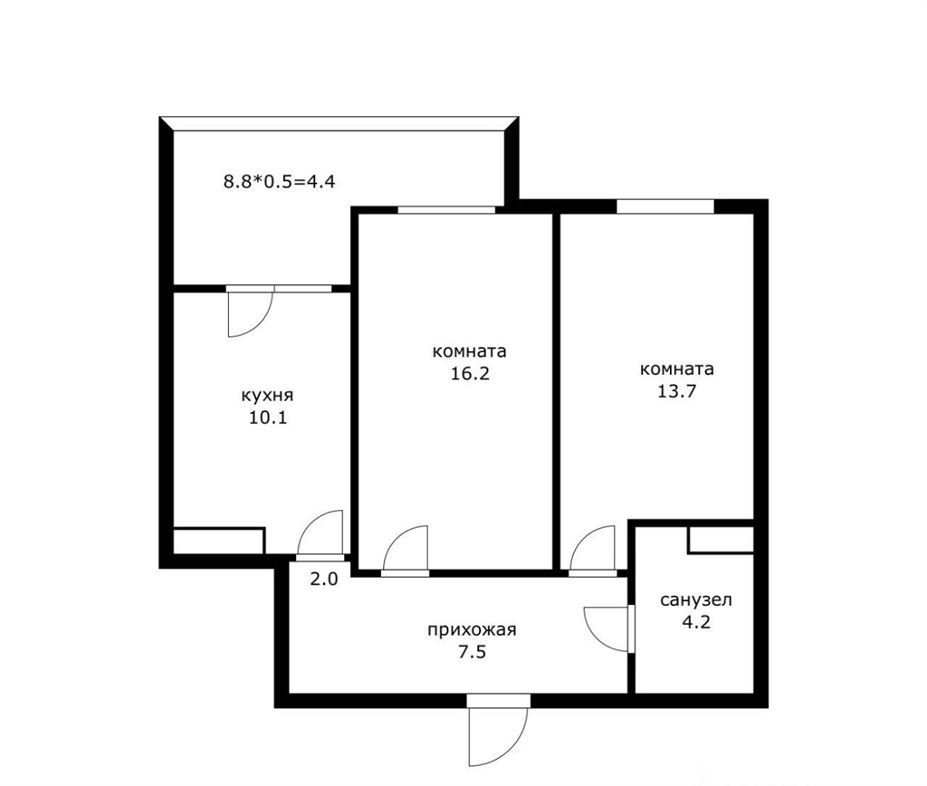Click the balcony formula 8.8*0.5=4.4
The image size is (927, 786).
click(x=279, y=181)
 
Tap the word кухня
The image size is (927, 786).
click(x=267, y=396)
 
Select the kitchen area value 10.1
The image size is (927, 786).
click(x=268, y=417)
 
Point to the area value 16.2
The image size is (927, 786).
click(x=471, y=374)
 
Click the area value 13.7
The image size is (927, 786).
click(x=677, y=391)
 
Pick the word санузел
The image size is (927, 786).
click(x=696, y=599)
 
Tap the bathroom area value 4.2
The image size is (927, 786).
click(x=696, y=622)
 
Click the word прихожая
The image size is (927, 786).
click(x=472, y=630)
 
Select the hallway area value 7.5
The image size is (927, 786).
click(x=472, y=652)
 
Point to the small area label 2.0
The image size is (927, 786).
click(x=324, y=579)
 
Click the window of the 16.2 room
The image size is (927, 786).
click(x=446, y=209)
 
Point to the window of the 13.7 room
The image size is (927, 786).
click(x=665, y=206)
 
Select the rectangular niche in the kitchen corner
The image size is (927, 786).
click(x=218, y=541)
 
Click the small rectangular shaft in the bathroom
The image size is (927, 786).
click(x=721, y=540)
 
